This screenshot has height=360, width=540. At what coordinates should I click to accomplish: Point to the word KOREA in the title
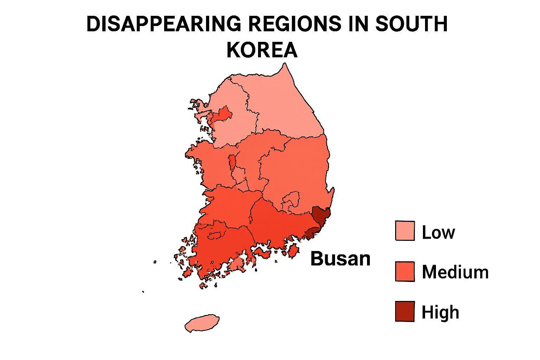tap(262, 50)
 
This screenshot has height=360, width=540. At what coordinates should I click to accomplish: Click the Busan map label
tap(340, 259)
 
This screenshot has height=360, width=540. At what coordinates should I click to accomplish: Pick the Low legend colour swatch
tap(405, 231)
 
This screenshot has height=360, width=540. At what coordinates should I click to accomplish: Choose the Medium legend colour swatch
tap(405, 271)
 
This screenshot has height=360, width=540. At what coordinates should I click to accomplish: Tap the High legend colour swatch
tap(405, 311)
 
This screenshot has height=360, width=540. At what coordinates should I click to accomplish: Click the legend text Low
tap(438, 232)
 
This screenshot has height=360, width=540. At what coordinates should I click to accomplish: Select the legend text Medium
tap(455, 272)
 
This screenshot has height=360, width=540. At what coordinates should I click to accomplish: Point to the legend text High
tap(440, 312)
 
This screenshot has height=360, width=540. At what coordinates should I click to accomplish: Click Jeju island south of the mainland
tap(202, 323)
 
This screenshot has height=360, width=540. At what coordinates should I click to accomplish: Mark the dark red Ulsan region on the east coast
tap(321, 215)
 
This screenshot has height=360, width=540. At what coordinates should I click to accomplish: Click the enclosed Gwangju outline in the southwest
tap(216, 235)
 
